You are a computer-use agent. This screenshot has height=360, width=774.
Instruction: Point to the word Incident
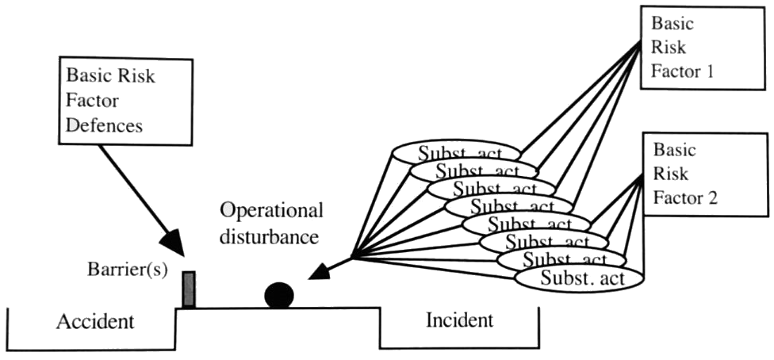459,320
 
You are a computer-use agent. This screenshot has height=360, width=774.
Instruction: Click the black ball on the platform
279,296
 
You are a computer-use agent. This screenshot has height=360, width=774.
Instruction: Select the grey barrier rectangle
189,289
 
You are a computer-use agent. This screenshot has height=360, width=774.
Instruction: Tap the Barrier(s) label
128,269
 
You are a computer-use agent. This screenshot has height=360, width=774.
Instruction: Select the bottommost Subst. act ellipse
579,278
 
